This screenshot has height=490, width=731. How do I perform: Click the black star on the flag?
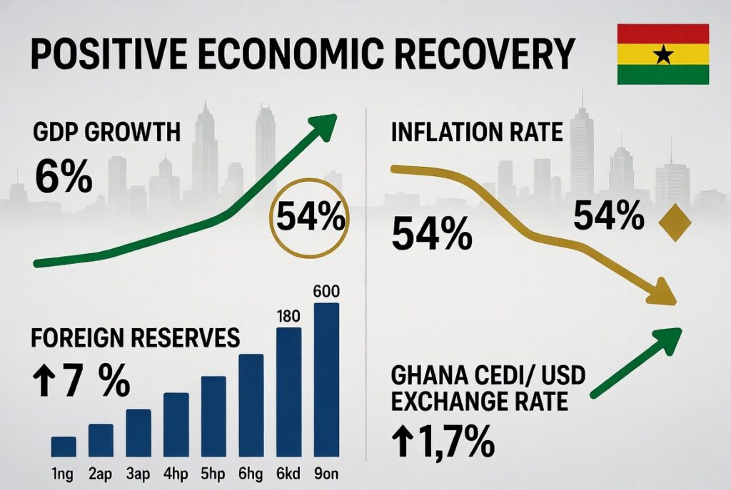(x=663, y=54)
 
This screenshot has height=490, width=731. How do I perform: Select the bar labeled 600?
(x=327, y=378)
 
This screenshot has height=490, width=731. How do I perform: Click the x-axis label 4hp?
(x=176, y=473)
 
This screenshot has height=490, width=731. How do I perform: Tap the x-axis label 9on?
(x=327, y=473)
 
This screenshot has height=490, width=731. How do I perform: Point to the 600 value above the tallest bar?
(x=327, y=292)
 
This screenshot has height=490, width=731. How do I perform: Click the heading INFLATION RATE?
(x=477, y=132)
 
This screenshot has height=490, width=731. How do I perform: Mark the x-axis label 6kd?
(x=288, y=473)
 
